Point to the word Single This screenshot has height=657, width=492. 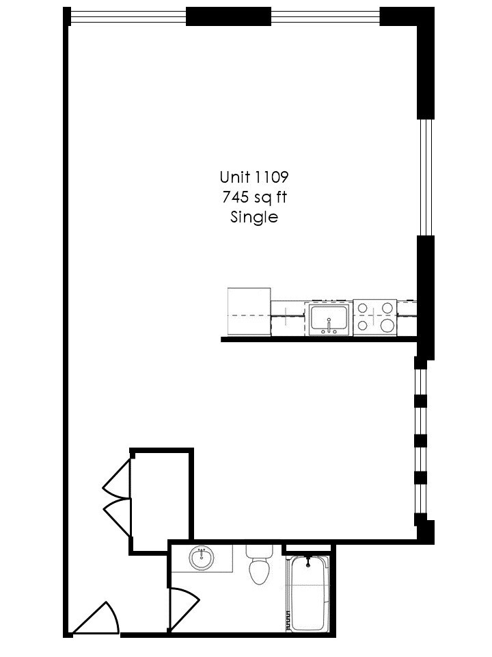pyautogui.click(x=254, y=218)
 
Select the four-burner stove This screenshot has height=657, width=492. pyautogui.click(x=375, y=317)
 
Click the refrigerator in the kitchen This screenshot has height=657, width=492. pyautogui.click(x=249, y=312)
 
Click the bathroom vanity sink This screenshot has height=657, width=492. pyautogui.click(x=202, y=558)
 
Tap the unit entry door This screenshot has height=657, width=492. pyautogui.click(x=97, y=620)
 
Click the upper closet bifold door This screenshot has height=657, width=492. pyautogui.click(x=118, y=478)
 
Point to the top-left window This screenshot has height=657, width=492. pyautogui.click(x=128, y=16)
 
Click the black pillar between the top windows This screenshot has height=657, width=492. pyautogui.click(x=228, y=16)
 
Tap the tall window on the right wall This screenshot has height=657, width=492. pyautogui.click(x=426, y=177)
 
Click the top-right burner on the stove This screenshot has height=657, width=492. pyautogui.click(x=387, y=308)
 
